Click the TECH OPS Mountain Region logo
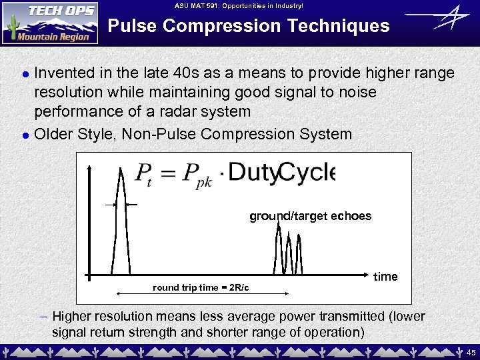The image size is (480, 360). [50, 23]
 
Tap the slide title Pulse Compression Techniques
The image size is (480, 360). [249, 26]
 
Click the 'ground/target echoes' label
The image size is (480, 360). [310, 216]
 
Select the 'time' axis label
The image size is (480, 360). [385, 277]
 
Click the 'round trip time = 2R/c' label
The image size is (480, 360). [201, 287]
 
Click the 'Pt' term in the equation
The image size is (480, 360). [147, 175]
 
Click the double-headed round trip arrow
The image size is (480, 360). [201, 294]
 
